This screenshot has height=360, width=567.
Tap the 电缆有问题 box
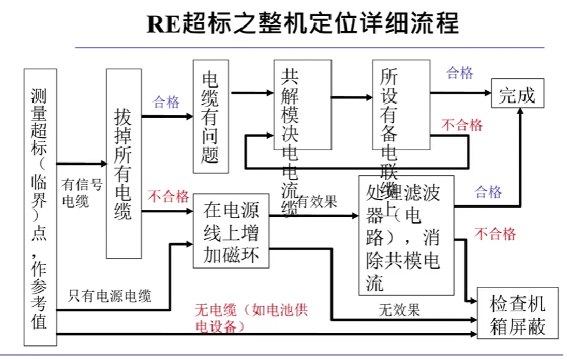211,117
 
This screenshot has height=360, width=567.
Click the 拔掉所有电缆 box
123,164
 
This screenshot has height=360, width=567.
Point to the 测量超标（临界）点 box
40,207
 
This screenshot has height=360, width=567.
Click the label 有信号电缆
81,193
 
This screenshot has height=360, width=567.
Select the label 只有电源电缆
109,296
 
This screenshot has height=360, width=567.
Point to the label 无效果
399,311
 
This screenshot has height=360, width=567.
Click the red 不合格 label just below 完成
462,125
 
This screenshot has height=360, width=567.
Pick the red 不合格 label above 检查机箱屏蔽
494,234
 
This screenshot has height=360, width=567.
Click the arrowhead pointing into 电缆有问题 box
189,117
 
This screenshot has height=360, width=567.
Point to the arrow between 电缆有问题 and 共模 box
252,93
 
